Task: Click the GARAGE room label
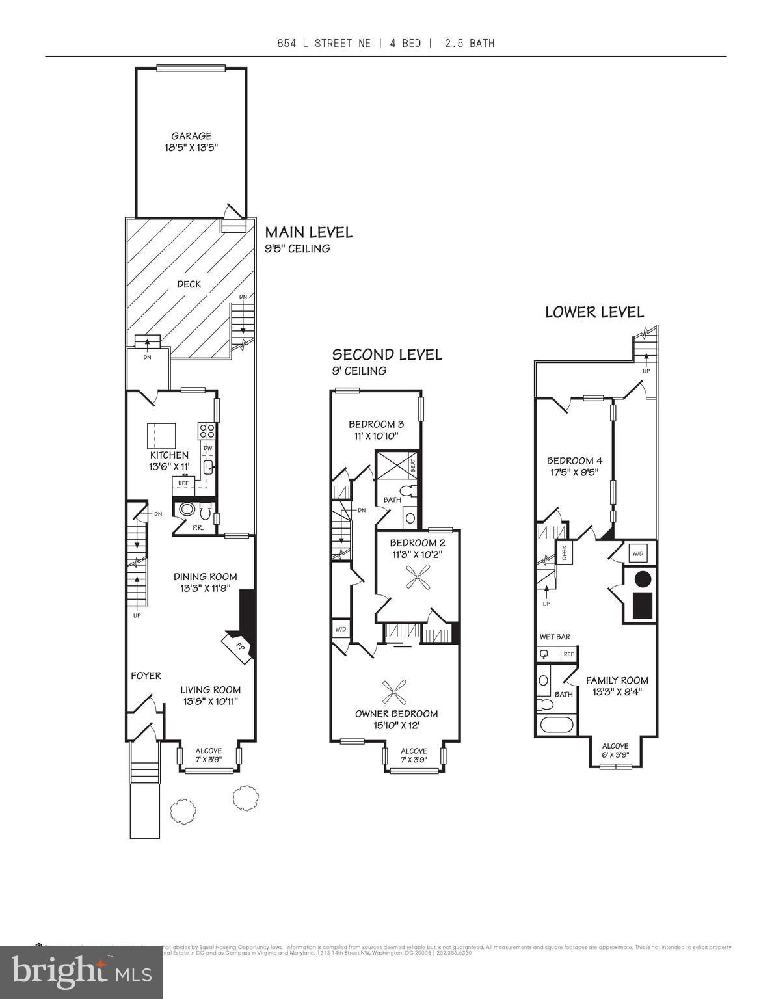pyautogui.click(x=191, y=136)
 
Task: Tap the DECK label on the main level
pyautogui.click(x=189, y=284)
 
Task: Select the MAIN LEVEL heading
pyautogui.click(x=308, y=232)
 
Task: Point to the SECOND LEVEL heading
pyautogui.click(x=387, y=354)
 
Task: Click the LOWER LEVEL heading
pyautogui.click(x=594, y=312)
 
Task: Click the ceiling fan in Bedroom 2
pyautogui.click(x=416, y=578)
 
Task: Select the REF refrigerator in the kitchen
pyautogui.click(x=183, y=483)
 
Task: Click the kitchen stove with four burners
pyautogui.click(x=207, y=430)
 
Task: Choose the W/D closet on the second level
pyautogui.click(x=340, y=629)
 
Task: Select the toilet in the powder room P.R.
pyautogui.click(x=187, y=509)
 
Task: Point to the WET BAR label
pyautogui.click(x=555, y=637)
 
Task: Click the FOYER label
pyautogui.click(x=146, y=676)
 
